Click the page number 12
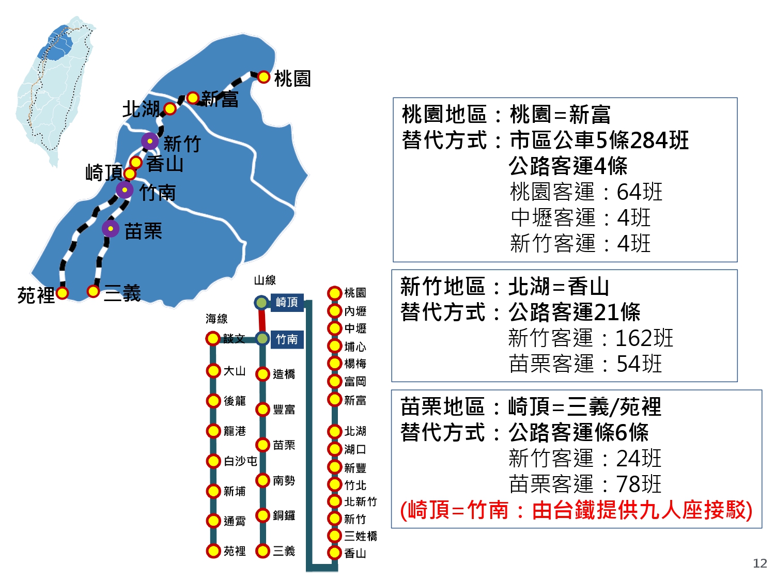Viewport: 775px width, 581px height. pos(760,563)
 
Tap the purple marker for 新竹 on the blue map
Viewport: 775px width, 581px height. pos(150,141)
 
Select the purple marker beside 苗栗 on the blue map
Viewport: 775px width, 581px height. pos(111,229)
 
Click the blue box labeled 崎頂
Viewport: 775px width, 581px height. pos(287,302)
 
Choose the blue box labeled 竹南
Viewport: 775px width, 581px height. pos(287,339)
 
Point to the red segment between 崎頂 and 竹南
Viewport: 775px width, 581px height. pos(261,321)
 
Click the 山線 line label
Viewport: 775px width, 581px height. pos(265,280)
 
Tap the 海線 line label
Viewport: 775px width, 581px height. pos(216,319)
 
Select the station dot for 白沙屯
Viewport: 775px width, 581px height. pos(213,461)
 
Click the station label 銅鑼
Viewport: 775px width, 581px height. pos(284,515)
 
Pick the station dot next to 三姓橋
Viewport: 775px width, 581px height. pos(334,536)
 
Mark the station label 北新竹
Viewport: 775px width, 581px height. pos(361,501)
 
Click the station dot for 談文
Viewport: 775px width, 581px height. pos(213,339)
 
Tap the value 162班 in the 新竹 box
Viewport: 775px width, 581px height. pos(644,338)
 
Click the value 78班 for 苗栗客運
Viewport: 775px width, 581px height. pos(639,483)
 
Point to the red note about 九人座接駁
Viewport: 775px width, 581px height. pos(576,510)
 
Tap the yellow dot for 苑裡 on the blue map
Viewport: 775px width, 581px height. pos(62,293)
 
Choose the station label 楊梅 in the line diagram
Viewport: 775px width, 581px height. pos(355,364)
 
